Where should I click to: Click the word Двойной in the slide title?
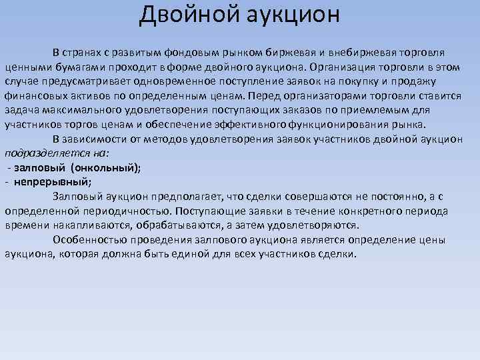[x=179, y=14]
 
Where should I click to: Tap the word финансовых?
[x=31, y=96]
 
